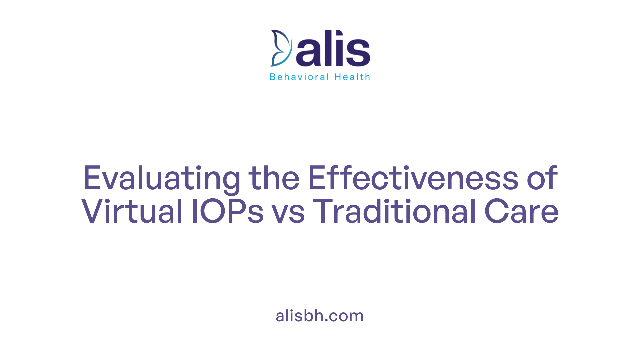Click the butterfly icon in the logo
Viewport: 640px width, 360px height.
[x=281, y=48]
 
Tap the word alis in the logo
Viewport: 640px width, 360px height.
[x=333, y=48]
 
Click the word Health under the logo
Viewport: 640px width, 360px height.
[x=352, y=77]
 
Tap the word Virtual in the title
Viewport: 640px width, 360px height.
[x=132, y=211]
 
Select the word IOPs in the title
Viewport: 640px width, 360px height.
[x=228, y=211]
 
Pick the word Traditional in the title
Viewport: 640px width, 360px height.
[x=395, y=211]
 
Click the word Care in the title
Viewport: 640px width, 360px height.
[x=521, y=211]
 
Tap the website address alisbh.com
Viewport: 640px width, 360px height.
[x=320, y=316]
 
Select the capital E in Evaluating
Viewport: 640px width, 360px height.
[x=92, y=178]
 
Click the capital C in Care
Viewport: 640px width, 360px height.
[x=496, y=211]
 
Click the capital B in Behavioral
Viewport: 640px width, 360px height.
[x=272, y=77]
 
